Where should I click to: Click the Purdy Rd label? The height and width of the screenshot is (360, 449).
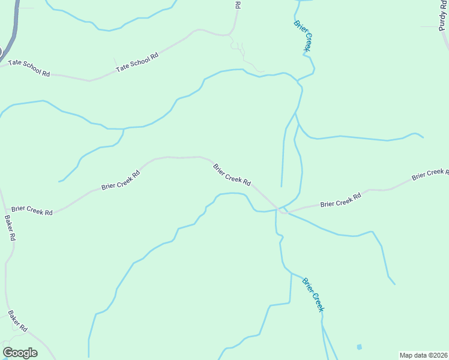click(x=442, y=15)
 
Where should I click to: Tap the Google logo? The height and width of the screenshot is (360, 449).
click(x=20, y=353)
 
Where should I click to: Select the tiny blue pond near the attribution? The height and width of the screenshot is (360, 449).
click(x=359, y=347)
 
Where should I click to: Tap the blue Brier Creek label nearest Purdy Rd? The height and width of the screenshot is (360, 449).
click(x=304, y=35)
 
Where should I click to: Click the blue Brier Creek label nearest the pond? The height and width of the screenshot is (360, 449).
click(x=313, y=294)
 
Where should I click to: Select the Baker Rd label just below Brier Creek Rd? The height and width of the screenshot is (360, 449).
click(x=10, y=228)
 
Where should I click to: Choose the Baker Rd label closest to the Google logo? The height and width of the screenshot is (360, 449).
click(x=18, y=321)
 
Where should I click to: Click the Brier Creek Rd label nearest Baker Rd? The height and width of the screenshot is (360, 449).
click(x=32, y=211)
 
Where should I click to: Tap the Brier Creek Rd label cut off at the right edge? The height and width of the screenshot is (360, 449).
click(x=429, y=174)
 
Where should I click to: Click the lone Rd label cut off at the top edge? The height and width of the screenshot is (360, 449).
click(x=238, y=4)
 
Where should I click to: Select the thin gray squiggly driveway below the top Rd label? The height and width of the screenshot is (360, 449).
click(x=246, y=57)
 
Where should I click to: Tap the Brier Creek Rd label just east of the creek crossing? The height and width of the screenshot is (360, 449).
click(x=340, y=200)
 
